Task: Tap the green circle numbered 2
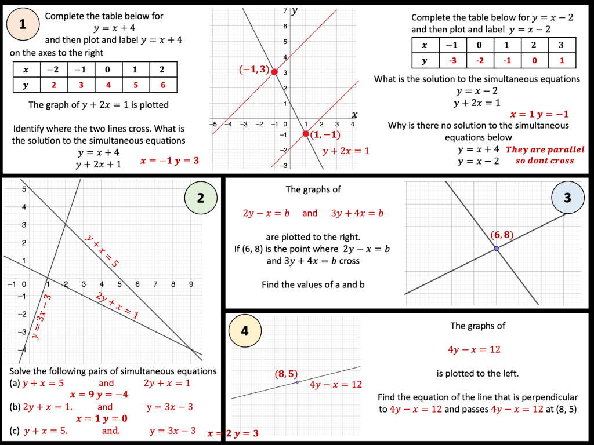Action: click(201, 198)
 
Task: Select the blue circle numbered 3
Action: click(567, 198)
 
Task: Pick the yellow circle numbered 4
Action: click(245, 331)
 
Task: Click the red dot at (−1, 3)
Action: click(274, 72)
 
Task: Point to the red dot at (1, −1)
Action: click(306, 134)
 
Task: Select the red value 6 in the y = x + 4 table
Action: click(162, 84)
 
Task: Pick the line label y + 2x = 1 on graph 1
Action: click(346, 151)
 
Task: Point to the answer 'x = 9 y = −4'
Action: click(99, 395)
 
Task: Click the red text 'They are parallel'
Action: click(545, 149)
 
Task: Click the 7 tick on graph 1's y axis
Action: click(285, 12)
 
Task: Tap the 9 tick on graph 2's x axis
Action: click(190, 284)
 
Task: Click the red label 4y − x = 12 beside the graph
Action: click(336, 385)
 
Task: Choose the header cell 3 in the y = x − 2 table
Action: click(560, 45)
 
